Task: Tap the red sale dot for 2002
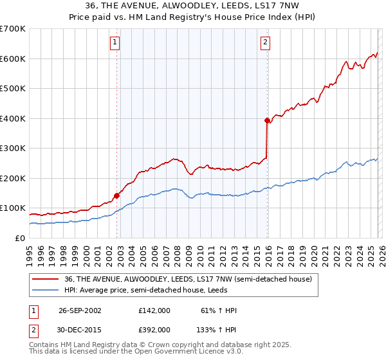pyautogui.click(x=117, y=195)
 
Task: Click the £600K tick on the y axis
pyautogui.click(x=13, y=59)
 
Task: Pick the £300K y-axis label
pyautogui.click(x=13, y=148)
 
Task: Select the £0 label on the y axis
pyautogui.click(x=19, y=238)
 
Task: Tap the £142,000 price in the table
pyautogui.click(x=154, y=310)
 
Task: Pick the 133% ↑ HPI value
pyautogui.click(x=217, y=329)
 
